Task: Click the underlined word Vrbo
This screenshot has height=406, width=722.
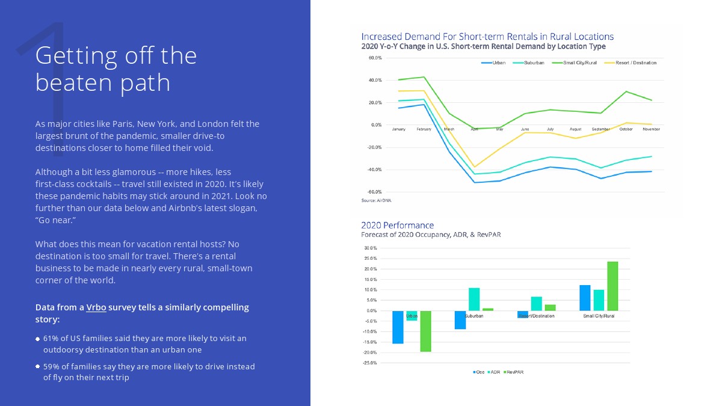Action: (96, 307)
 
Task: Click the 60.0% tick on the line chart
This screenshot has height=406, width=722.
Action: (374, 58)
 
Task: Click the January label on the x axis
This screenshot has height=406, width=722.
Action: (398, 129)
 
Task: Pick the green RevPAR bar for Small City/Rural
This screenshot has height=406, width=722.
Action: (612, 286)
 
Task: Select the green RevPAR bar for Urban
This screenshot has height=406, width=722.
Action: (426, 331)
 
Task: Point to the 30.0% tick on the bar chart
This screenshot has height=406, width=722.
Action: (371, 248)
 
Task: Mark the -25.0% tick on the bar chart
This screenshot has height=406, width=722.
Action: (370, 363)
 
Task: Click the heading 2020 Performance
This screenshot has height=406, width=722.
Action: (397, 226)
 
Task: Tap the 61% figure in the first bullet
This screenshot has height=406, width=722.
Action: (51, 339)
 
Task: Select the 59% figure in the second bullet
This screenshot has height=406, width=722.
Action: (51, 366)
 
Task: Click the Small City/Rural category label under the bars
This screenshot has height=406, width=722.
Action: (599, 316)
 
